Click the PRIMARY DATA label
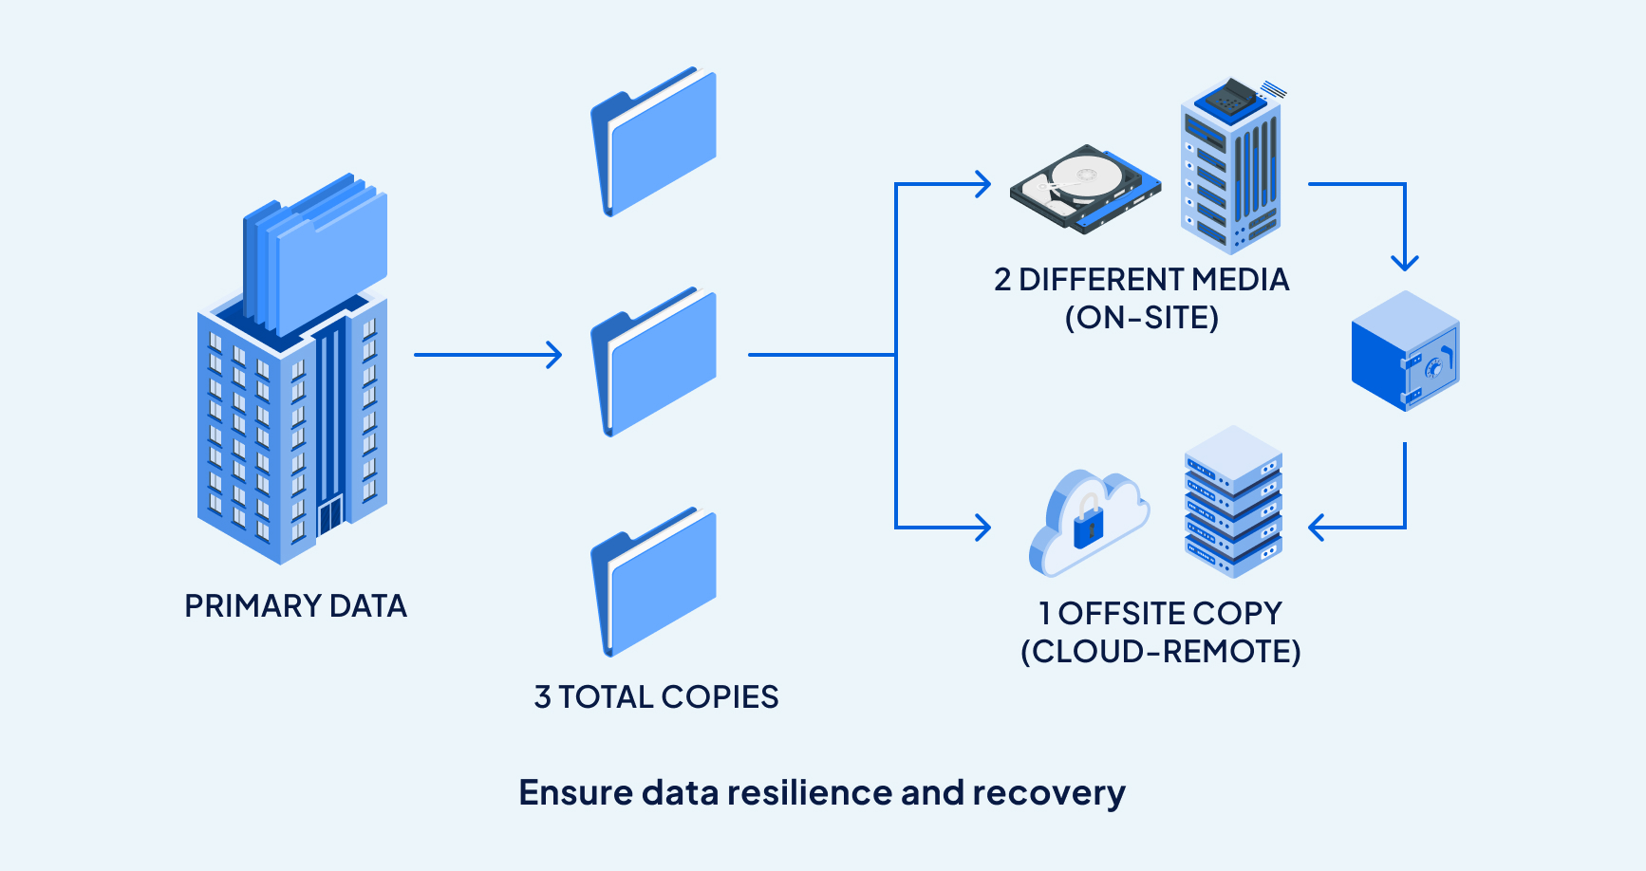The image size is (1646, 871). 295,605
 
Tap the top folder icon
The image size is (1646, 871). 653,141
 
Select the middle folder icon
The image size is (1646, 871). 653,361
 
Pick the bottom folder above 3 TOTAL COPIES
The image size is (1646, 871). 653,582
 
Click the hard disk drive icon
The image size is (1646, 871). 1085,188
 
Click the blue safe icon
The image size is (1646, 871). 1405,351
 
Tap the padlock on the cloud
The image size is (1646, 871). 1088,524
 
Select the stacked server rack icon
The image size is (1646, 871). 1233,502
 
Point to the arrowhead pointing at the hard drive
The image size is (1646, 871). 982,184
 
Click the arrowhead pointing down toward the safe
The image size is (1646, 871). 1405,262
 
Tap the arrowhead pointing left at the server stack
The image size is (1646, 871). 1317,528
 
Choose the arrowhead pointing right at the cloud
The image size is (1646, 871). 982,528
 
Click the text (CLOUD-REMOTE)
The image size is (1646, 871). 1160,652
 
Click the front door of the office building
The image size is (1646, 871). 329,515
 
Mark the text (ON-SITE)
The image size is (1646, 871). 1142,318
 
